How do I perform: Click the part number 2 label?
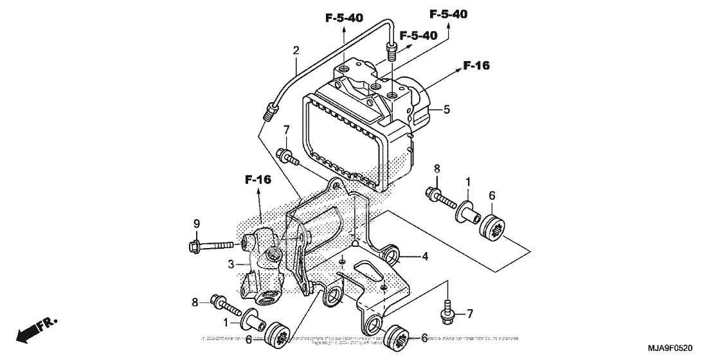click(296, 50)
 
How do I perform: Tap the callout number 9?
click(197, 224)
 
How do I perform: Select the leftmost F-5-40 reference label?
click(345, 18)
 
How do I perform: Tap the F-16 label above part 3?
click(257, 179)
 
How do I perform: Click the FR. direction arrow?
click(35, 328)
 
